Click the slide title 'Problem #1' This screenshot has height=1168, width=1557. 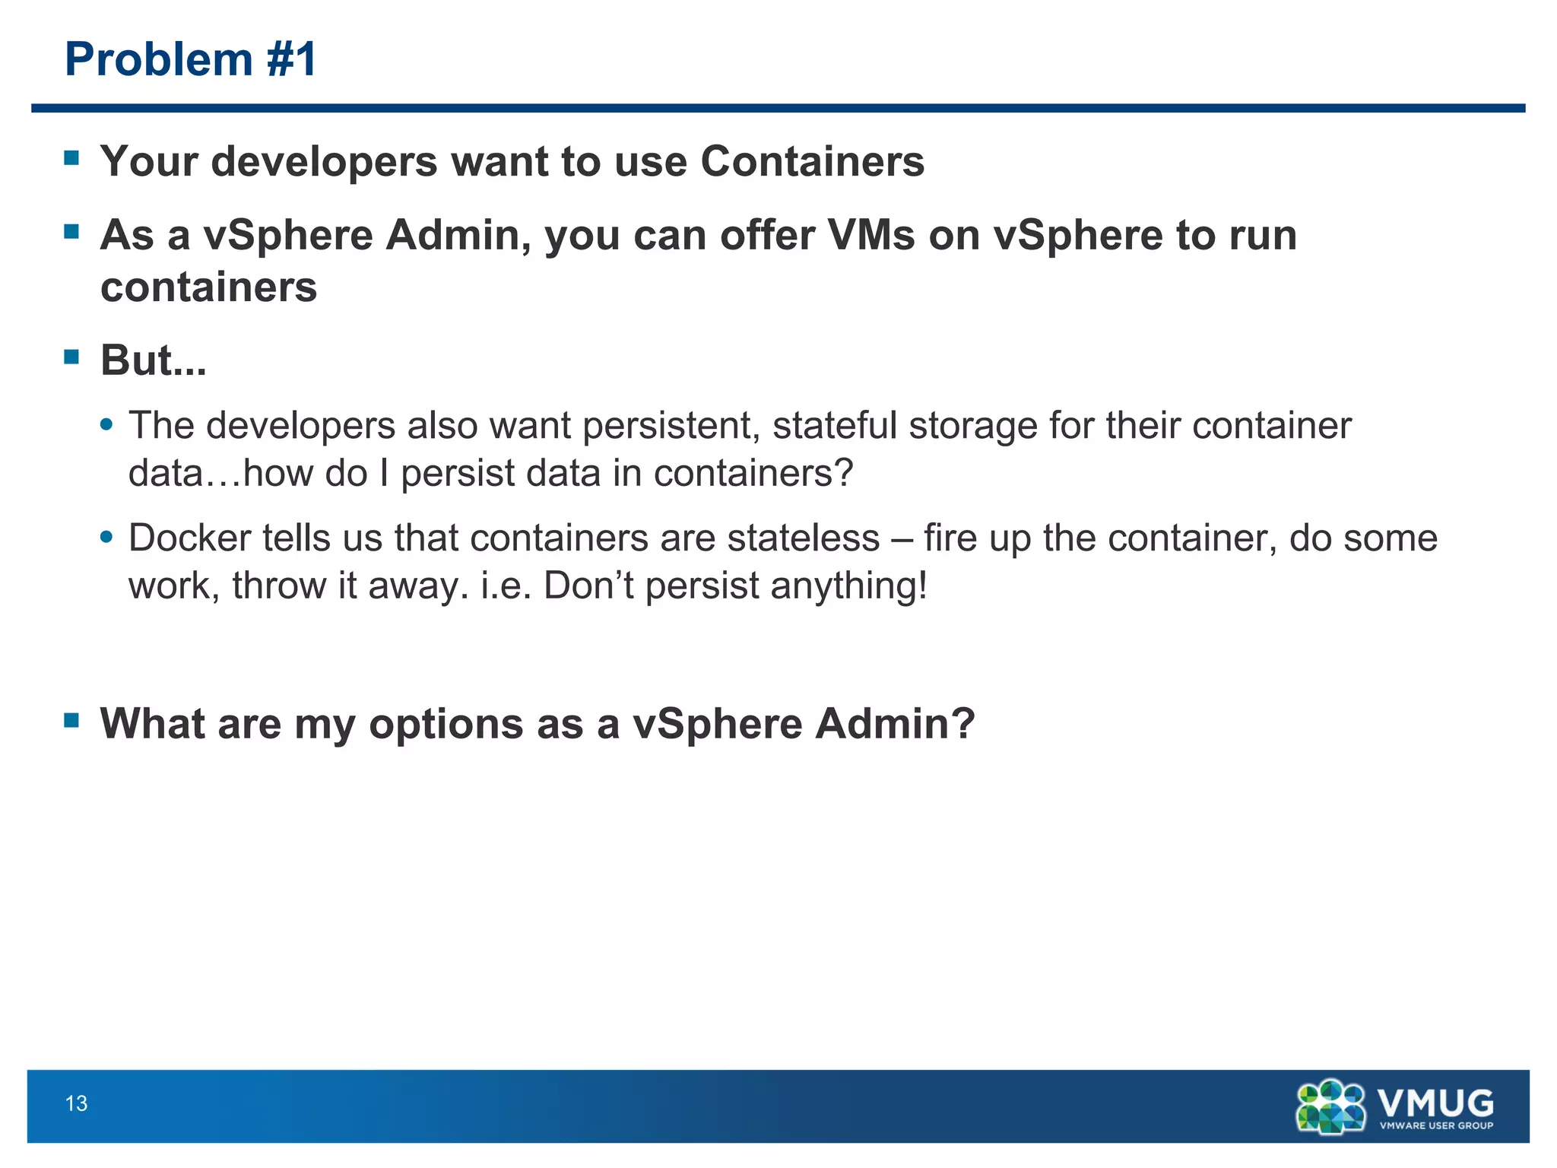pos(190,59)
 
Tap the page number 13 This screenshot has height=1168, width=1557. pos(77,1103)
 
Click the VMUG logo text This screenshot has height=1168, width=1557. pos(1435,1101)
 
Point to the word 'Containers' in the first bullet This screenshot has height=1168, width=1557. pos(812,161)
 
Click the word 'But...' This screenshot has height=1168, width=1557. pos(153,360)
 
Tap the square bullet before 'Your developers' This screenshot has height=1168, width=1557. pos(71,158)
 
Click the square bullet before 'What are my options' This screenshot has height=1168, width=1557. pos(71,720)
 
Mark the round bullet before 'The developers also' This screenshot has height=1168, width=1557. pos(106,424)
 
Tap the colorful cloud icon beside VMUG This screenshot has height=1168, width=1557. pos(1330,1106)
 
